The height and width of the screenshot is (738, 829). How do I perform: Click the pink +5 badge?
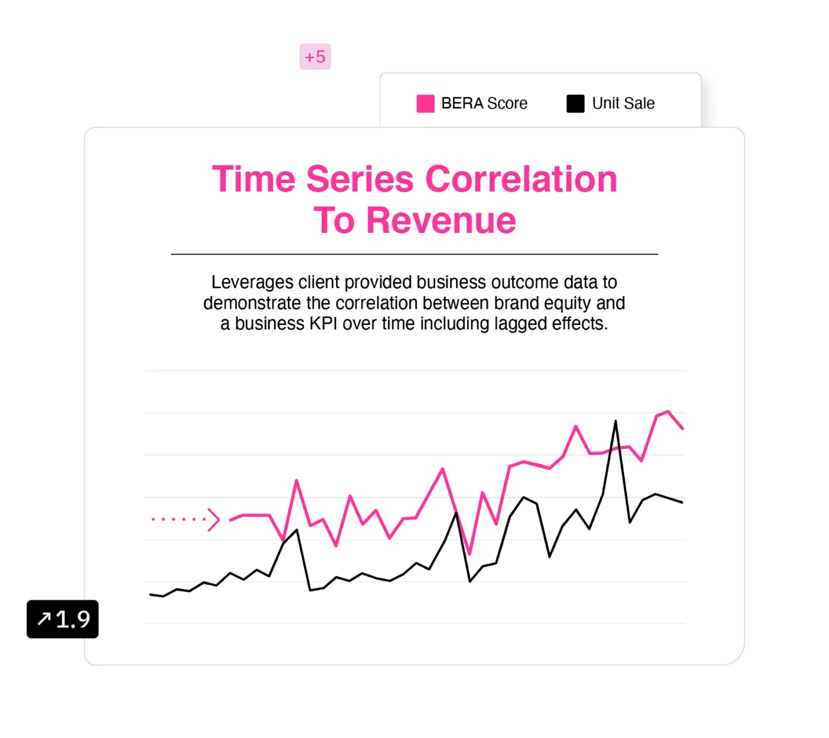pos(315,56)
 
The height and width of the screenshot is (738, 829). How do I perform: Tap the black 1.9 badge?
pos(63,618)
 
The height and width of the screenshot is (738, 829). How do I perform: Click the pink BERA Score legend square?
pos(425,103)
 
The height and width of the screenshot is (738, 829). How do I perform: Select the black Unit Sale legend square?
pos(575,103)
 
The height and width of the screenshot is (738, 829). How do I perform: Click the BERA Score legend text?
pos(484,103)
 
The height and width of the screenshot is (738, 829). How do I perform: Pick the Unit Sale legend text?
pos(623,103)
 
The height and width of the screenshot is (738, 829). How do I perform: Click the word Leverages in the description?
pos(252,283)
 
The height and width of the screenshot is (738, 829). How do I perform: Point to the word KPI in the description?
pos(324,324)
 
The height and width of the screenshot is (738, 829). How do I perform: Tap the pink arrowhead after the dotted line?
pos(214,519)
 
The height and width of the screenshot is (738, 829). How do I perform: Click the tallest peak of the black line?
pos(615,421)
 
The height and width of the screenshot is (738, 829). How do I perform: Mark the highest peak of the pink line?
pos(668,411)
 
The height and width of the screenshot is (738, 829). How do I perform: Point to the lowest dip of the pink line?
pos(470,554)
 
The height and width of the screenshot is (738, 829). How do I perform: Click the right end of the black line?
pos(682,502)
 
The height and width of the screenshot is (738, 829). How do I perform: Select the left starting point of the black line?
pos(150,594)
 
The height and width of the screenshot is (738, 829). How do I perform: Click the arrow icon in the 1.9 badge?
pos(44,618)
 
